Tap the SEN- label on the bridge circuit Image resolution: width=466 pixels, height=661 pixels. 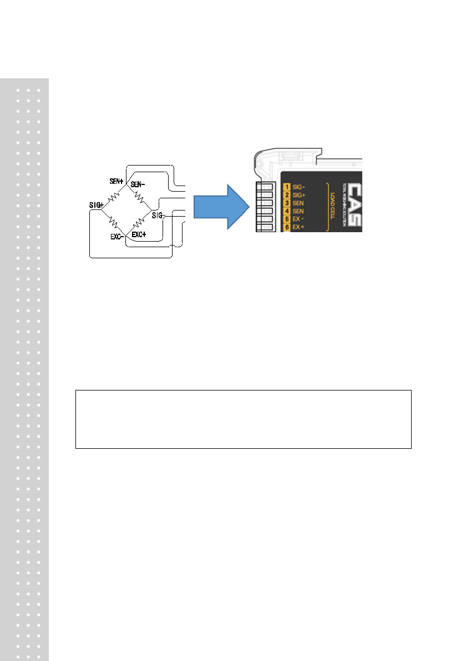(x=139, y=184)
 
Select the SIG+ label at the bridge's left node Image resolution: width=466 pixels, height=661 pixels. (x=97, y=204)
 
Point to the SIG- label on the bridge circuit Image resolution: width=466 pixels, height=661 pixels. (x=158, y=216)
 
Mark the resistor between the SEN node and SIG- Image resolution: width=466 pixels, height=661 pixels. (x=139, y=198)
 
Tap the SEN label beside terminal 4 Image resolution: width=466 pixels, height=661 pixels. (x=298, y=212)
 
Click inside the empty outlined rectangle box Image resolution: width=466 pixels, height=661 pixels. (x=243, y=419)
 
